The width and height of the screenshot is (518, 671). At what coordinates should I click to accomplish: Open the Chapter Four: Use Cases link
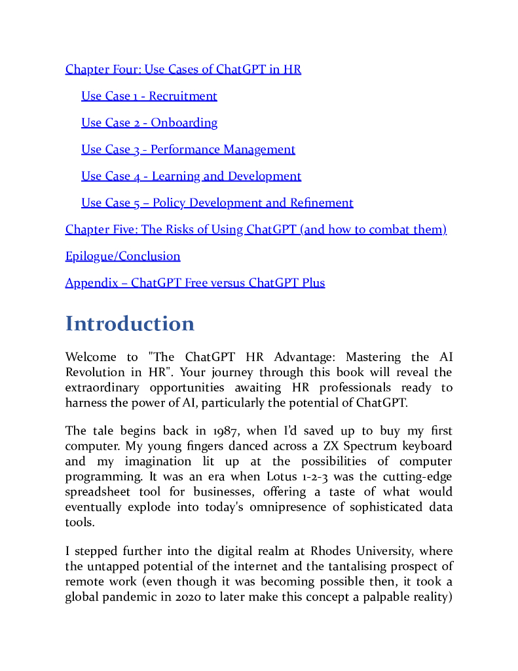point(183,69)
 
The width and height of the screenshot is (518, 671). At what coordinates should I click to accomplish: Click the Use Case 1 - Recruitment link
point(149,96)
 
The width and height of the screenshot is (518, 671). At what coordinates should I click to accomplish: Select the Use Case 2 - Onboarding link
point(149,123)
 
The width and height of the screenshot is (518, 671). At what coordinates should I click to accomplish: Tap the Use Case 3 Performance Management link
point(188,150)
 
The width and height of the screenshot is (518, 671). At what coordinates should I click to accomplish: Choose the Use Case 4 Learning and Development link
point(191,176)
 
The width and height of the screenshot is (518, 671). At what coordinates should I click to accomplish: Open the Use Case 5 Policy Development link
point(217,203)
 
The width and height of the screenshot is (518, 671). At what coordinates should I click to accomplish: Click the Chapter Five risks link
point(255,230)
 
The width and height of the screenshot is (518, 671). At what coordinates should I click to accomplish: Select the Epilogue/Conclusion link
point(122,256)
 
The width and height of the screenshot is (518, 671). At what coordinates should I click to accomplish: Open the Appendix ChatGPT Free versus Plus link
point(194,283)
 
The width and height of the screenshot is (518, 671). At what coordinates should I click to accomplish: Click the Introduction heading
point(130,324)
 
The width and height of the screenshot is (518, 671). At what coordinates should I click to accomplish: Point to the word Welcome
point(91,357)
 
